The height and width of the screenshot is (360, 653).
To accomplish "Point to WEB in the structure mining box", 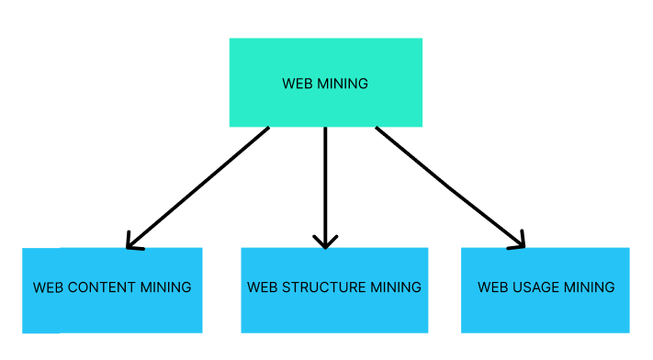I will pyautogui.click(x=262, y=287).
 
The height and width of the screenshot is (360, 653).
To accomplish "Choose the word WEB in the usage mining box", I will pyautogui.click(x=492, y=287).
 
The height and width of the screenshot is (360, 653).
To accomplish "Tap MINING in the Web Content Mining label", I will pyautogui.click(x=165, y=287).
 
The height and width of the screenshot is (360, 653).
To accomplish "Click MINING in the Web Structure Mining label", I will pyautogui.click(x=395, y=287).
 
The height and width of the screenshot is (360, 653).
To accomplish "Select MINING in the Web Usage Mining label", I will pyautogui.click(x=589, y=287).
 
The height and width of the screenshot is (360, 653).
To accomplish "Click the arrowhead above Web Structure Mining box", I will pyautogui.click(x=325, y=242).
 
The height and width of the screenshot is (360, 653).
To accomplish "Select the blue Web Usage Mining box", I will pyautogui.click(x=545, y=317).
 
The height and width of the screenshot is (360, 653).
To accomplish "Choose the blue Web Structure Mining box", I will pyautogui.click(x=334, y=317).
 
